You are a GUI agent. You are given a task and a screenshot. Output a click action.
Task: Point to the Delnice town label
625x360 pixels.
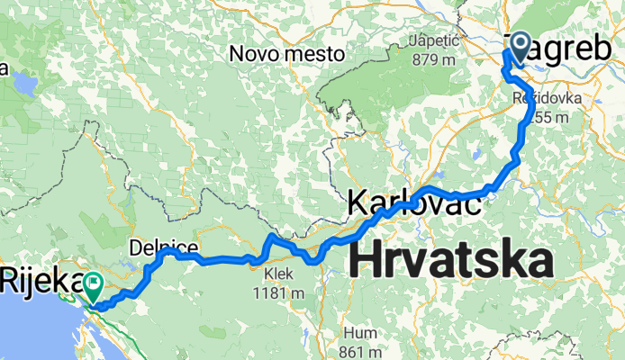pyautogui.click(x=163, y=245)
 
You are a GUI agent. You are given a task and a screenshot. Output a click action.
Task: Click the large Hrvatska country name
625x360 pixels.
pyautogui.click(x=450, y=261)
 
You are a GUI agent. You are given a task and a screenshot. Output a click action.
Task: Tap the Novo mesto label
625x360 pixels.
pyautogui.click(x=287, y=54)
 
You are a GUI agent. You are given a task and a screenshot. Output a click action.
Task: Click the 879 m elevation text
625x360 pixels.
pyautogui.click(x=435, y=59)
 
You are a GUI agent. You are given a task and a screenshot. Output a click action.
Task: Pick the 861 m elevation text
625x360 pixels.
pyautogui.click(x=359, y=349)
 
